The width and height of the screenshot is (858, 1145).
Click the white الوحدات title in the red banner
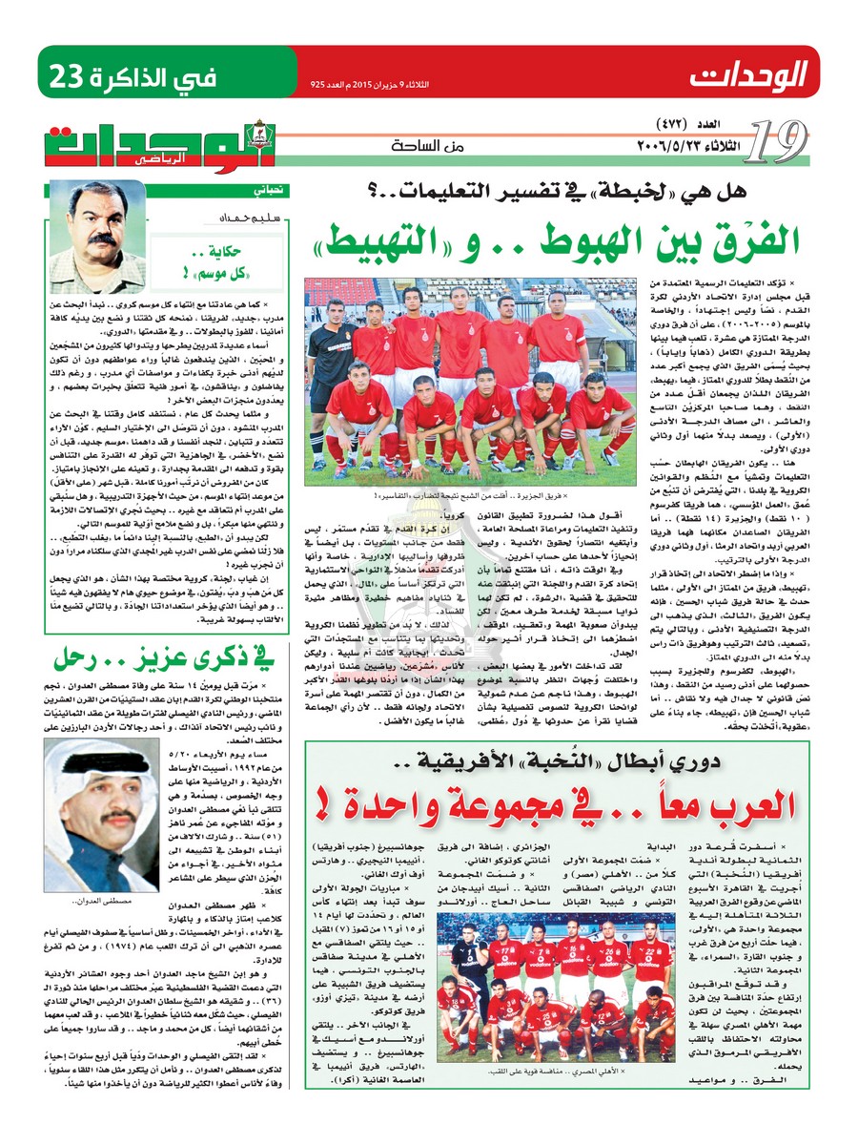[749, 73]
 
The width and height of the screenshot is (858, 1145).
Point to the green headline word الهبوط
[553, 244]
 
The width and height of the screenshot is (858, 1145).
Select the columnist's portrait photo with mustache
[97, 237]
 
